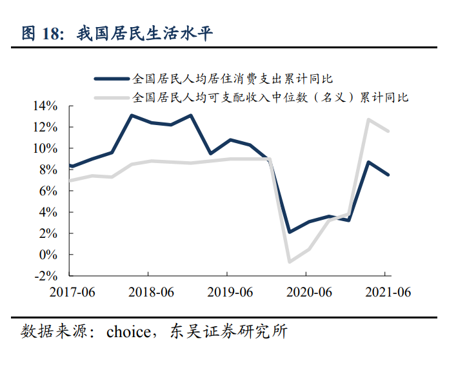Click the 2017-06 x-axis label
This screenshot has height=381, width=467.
pyautogui.click(x=72, y=291)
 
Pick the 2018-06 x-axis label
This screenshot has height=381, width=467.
pyautogui.click(x=150, y=291)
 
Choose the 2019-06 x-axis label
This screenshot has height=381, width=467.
pyautogui.click(x=230, y=291)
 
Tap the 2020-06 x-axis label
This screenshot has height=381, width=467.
pyautogui.click(x=308, y=291)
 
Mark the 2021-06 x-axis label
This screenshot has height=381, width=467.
pyautogui.click(x=388, y=291)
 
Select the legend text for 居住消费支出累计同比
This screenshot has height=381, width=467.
pyautogui.click(x=232, y=79)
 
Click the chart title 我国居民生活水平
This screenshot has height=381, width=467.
pyautogui.click(x=144, y=34)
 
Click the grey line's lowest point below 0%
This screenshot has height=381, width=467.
pyautogui.click(x=289, y=262)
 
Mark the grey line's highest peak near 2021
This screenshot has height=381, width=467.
pyautogui.click(x=368, y=119)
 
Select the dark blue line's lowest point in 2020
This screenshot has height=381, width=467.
pyautogui.click(x=289, y=232)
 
